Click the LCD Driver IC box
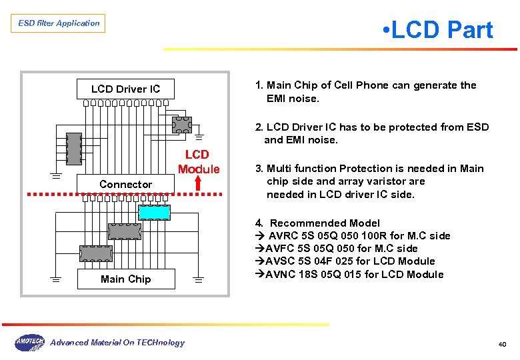tap(125, 89)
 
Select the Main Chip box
tap(125, 279)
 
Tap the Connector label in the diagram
tap(125, 184)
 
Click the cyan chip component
tap(155, 212)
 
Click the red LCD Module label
tap(199, 162)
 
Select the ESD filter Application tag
tap(59, 23)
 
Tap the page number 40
tap(502, 344)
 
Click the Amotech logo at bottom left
tap(29, 343)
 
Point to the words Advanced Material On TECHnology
tap(117, 343)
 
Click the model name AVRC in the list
tap(284, 236)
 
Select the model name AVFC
tap(281, 249)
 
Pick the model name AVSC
tap(281, 261)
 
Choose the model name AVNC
tap(281, 274)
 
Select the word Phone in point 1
tap(371, 85)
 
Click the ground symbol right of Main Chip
tap(199, 281)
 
